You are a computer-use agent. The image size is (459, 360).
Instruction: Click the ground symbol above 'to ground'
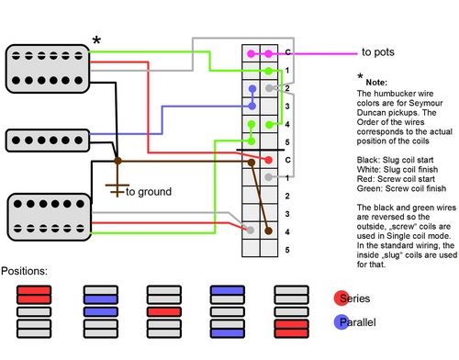point(116,187)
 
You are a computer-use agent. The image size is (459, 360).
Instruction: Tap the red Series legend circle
point(340,298)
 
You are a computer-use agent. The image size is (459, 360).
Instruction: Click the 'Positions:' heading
point(28,272)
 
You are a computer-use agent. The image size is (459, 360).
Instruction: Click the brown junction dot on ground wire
point(118,162)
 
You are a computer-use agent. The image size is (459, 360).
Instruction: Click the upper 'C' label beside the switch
point(287,52)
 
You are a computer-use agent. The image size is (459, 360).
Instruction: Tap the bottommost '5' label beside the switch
point(287,250)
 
